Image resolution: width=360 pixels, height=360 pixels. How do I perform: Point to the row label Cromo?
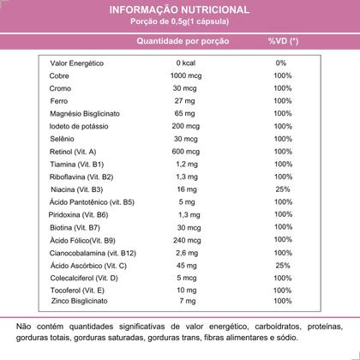61,88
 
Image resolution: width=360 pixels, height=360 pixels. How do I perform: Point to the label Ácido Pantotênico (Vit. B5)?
92,201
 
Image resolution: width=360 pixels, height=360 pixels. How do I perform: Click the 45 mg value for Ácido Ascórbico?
185,266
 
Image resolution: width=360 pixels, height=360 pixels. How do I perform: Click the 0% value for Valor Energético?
281,63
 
